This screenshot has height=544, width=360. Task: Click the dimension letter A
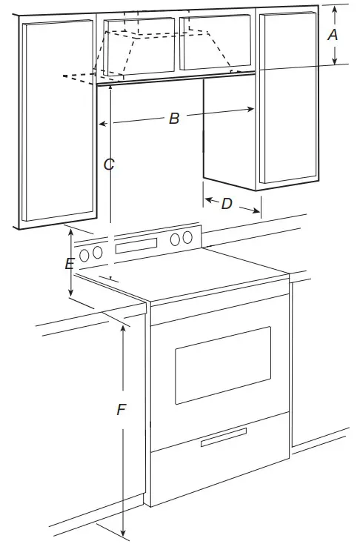(x=333, y=34)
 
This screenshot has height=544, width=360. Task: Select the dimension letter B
(x=174, y=118)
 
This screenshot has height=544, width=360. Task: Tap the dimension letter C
(x=109, y=165)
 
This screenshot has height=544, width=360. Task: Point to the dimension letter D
(x=227, y=204)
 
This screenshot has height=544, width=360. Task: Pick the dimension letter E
(x=69, y=264)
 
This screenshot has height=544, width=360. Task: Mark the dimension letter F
(x=121, y=410)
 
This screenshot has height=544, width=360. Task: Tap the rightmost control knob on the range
(x=188, y=238)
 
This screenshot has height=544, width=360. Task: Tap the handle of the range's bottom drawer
(x=223, y=438)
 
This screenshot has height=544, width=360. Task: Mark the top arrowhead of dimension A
(x=334, y=7)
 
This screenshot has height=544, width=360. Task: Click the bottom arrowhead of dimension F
(x=123, y=532)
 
